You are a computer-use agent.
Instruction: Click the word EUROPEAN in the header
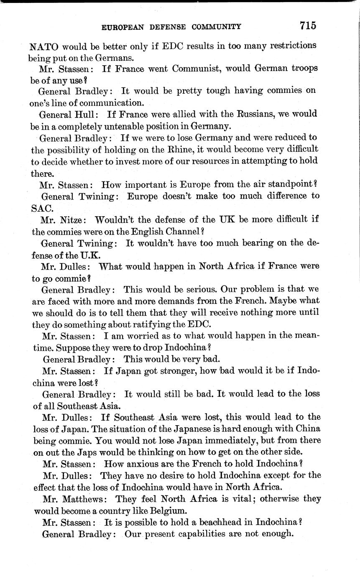click(123, 27)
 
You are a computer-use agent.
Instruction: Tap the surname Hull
click(87, 114)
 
